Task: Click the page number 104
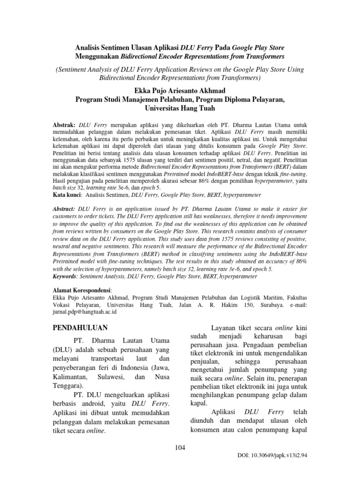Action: click(x=180, y=448)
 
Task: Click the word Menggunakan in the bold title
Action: click(x=97, y=57)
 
